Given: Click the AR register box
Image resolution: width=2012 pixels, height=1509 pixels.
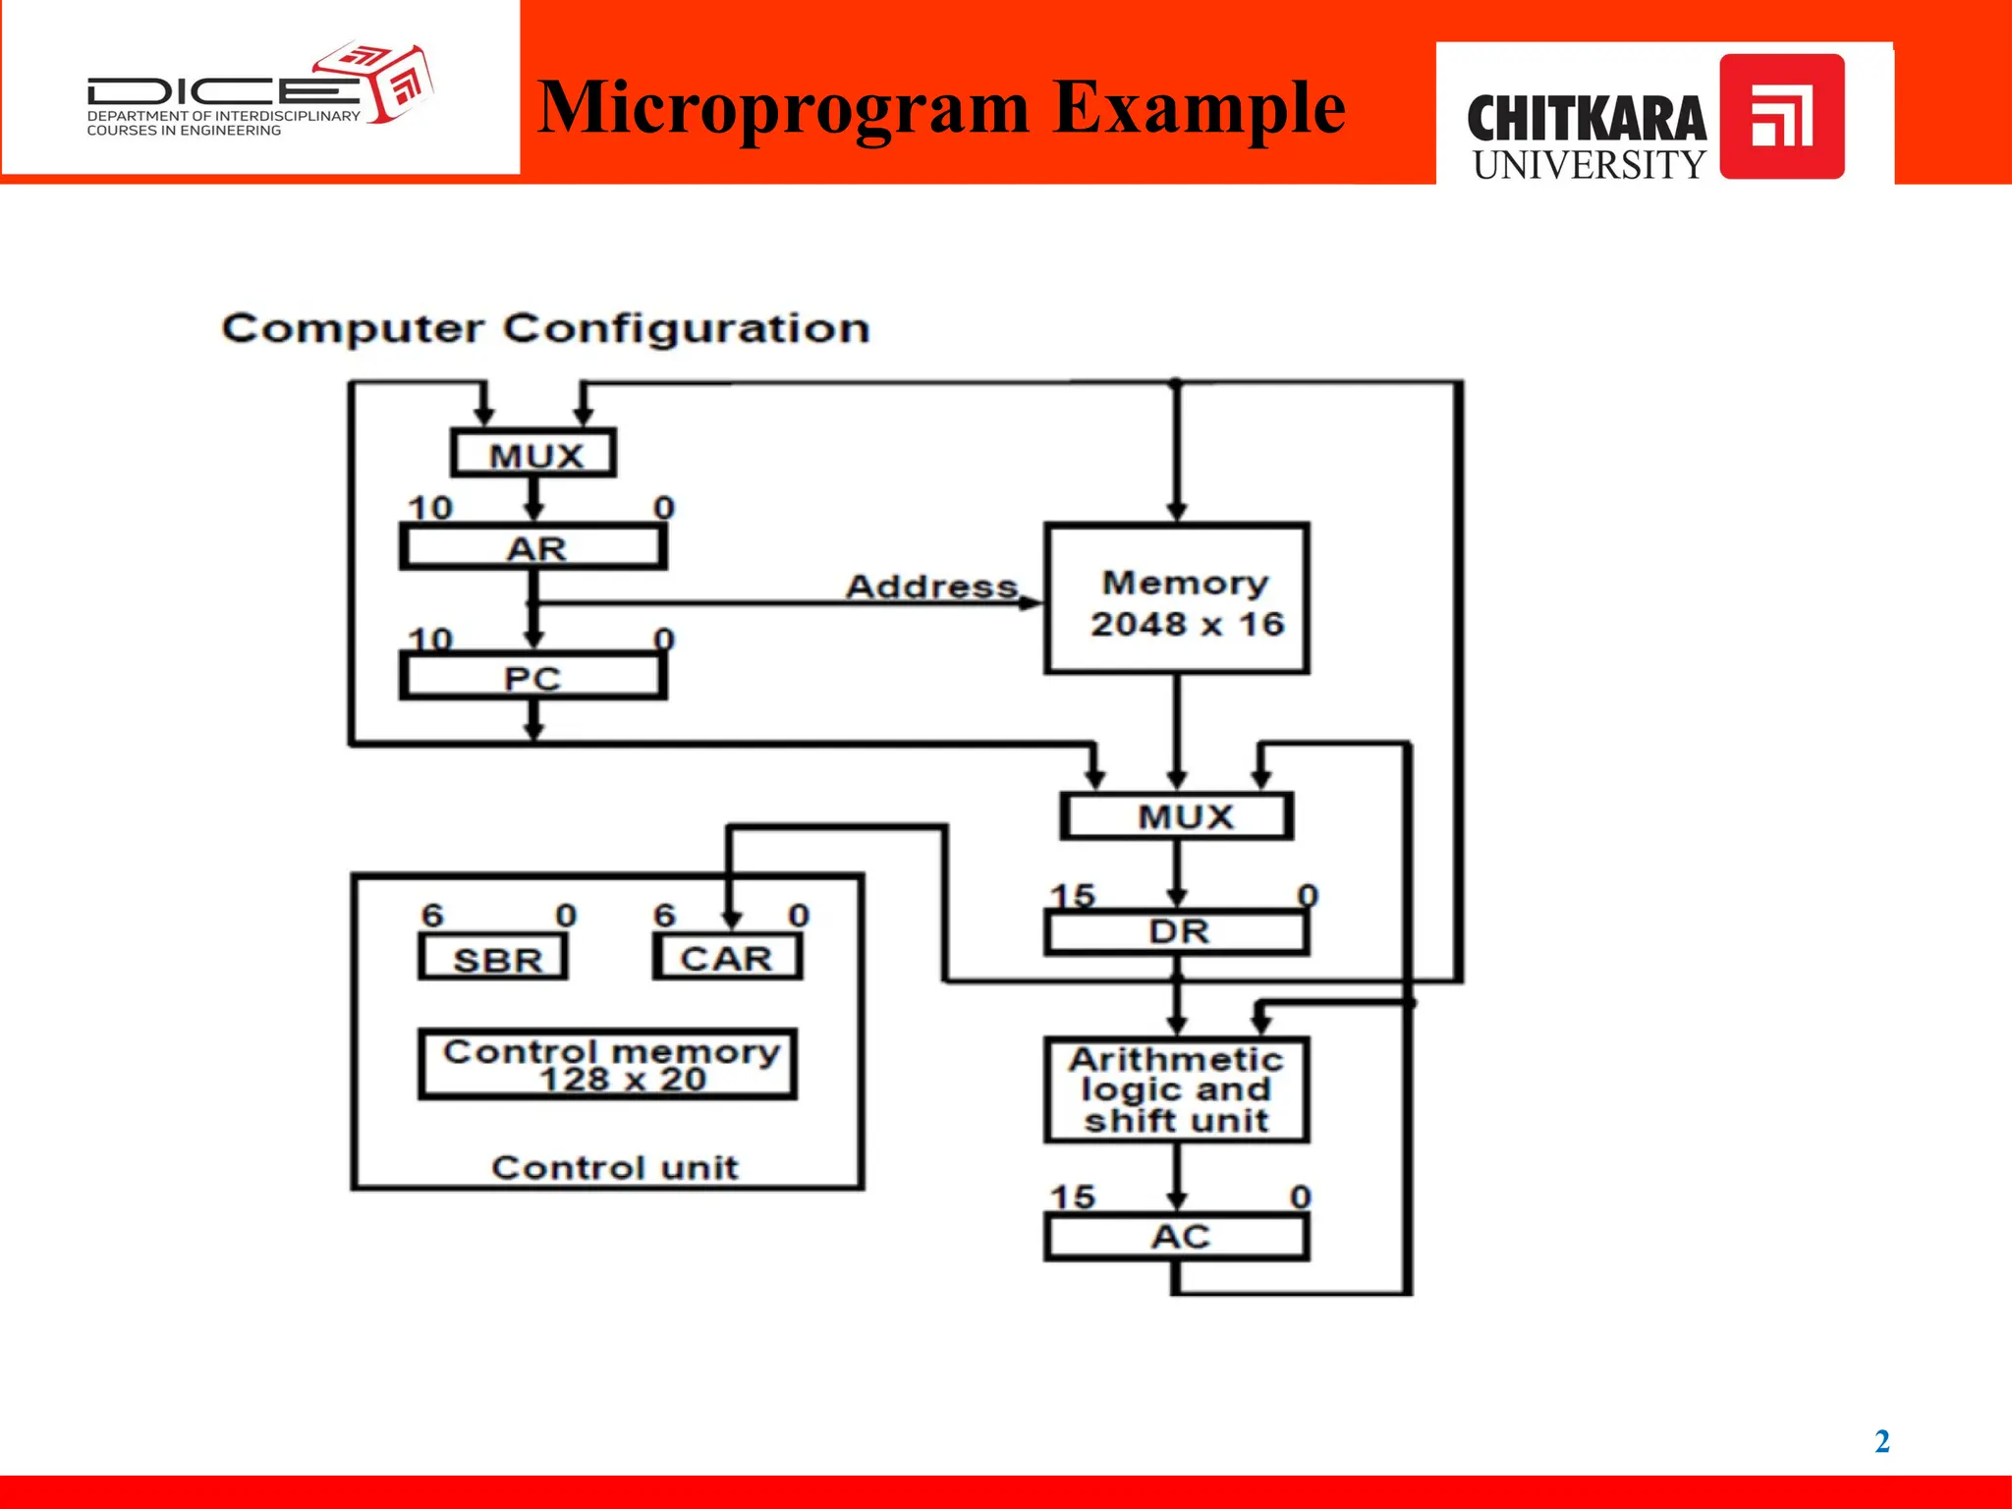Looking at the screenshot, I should click(533, 547).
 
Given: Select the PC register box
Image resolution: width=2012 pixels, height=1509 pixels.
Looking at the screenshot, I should click(533, 677).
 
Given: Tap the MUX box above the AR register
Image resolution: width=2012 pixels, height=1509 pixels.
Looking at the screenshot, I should click(534, 454).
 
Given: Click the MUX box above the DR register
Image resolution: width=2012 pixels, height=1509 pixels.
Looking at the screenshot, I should click(1177, 815).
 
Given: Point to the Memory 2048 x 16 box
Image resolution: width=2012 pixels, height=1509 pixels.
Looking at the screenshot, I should click(1177, 599).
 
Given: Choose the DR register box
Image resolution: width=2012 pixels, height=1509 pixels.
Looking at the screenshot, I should click(1177, 931).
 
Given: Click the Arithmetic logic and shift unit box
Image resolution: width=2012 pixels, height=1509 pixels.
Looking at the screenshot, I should click(1177, 1090).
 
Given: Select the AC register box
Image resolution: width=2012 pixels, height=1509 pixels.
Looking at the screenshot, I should click(1177, 1237).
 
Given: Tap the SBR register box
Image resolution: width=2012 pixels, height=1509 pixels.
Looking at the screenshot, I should click(494, 958).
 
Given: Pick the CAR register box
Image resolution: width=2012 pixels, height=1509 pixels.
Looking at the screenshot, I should click(727, 958).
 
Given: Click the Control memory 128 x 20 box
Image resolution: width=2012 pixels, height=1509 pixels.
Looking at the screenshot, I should click(608, 1065).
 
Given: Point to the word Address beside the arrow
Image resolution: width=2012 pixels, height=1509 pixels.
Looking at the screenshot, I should click(931, 587).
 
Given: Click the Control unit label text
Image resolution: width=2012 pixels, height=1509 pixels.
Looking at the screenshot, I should click(615, 1167).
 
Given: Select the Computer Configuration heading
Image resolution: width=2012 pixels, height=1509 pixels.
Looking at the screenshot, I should click(546, 328).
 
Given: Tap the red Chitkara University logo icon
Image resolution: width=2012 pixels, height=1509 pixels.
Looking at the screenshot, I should click(1782, 116).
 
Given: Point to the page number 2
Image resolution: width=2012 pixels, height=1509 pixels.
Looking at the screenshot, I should click(1882, 1441).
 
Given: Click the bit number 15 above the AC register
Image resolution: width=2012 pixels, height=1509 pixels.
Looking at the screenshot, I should click(1072, 1197).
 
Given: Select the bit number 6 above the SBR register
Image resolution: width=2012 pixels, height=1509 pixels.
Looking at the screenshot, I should click(432, 916).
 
